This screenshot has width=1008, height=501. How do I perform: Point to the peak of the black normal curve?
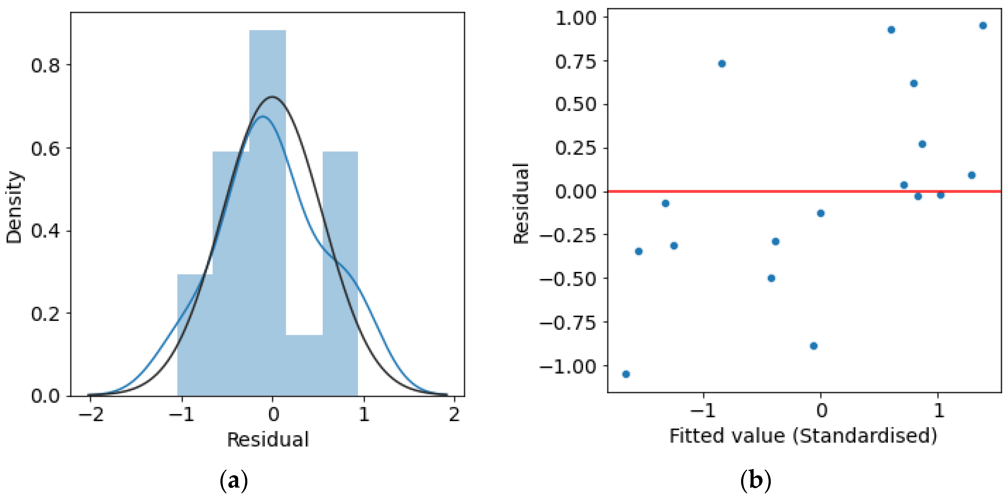tap(272, 96)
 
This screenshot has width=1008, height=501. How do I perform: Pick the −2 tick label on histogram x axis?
tap(91, 414)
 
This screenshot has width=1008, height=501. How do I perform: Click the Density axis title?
tap(14, 207)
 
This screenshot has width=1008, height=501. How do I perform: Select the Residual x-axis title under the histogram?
tap(268, 439)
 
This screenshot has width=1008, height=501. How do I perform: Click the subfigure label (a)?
tap(234, 480)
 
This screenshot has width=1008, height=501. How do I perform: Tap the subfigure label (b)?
tap(755, 480)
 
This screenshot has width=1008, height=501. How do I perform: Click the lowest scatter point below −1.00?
tap(626, 374)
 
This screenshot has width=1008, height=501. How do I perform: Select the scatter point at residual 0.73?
tap(722, 63)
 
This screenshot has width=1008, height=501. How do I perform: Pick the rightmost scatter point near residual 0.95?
tap(983, 26)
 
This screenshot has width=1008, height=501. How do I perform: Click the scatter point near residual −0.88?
tap(814, 346)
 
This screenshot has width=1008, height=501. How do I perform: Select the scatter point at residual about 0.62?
tap(914, 83)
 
